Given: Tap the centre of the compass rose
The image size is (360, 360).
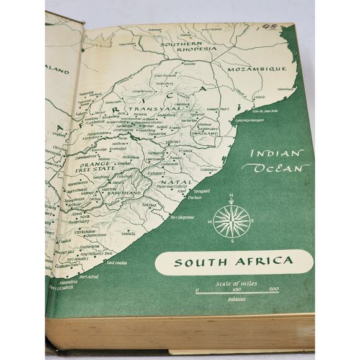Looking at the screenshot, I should point(232,222).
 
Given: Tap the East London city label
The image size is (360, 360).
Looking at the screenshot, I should point(117,263).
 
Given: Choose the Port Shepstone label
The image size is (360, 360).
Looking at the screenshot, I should point(183,217).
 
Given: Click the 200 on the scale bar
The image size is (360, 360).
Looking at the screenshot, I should point(274,289).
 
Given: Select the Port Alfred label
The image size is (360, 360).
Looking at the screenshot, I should point(89,276).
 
